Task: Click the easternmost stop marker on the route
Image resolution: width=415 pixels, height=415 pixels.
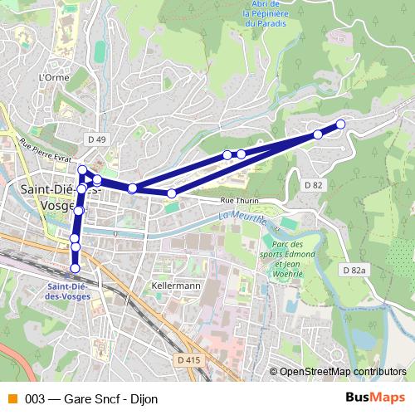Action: (x=339, y=124)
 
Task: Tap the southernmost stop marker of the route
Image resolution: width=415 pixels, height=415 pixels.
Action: (x=76, y=268)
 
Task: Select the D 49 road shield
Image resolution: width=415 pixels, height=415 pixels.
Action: (x=96, y=139)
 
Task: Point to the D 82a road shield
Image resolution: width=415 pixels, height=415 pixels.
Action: (x=353, y=271)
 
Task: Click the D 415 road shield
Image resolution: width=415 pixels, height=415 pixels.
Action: (x=188, y=359)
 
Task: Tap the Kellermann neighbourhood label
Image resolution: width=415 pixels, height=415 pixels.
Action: (x=176, y=285)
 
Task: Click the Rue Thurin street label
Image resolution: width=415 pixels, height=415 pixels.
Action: (x=240, y=201)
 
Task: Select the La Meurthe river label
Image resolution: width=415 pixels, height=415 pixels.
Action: (x=242, y=219)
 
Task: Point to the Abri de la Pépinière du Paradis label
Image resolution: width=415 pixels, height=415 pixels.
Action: (x=266, y=13)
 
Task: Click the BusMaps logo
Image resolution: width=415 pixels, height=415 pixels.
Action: (x=375, y=398)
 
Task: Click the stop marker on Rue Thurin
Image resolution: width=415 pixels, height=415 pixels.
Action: (x=172, y=193)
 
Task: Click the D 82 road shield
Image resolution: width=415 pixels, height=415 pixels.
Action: (x=313, y=184)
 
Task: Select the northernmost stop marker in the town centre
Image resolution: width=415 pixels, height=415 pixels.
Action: (x=82, y=171)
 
